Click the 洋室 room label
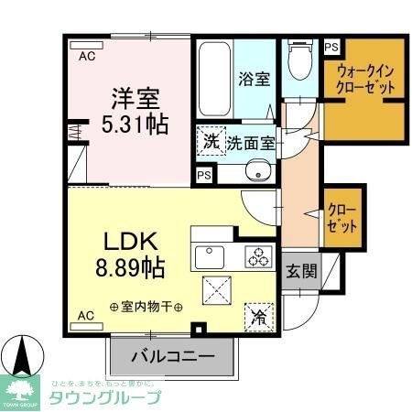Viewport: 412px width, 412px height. click(x=134, y=95)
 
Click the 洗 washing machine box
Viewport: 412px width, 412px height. click(x=211, y=142)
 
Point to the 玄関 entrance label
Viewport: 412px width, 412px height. click(x=299, y=272)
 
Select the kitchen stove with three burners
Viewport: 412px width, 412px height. click(x=255, y=256)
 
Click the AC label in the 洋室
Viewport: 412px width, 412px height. click(x=86, y=57)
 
